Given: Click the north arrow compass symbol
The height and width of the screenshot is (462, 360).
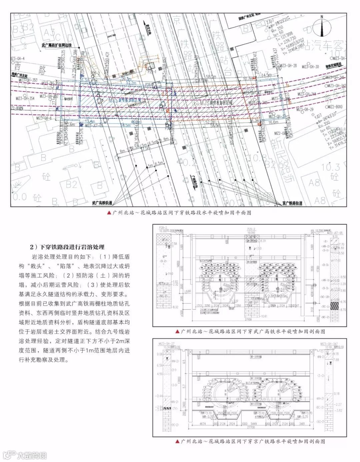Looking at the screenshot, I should click(322, 27).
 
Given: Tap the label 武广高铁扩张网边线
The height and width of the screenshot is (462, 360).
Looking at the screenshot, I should click(57, 45).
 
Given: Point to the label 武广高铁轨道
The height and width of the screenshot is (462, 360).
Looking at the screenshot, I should click(102, 203).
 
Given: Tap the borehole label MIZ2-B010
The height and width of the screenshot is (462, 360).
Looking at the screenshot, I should click(335, 107).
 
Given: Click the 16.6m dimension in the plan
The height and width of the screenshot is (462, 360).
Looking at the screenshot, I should click(273, 122).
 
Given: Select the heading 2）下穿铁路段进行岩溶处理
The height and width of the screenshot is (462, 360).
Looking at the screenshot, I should click(67, 247).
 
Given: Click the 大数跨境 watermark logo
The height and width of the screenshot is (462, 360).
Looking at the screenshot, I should click(25, 455).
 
